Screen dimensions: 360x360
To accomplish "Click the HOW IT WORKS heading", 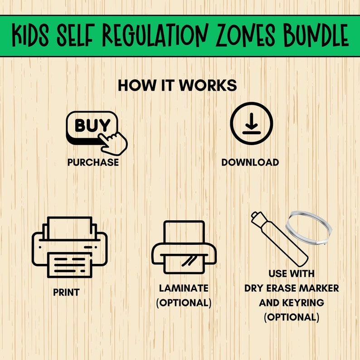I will pos(177,86).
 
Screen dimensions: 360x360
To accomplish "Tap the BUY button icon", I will pos(92,125).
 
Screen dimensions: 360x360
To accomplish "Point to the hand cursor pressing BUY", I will pos(114,141).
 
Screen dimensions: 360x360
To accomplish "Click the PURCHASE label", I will pos(93,162).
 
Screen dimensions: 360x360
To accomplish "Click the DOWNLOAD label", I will pos(250,162).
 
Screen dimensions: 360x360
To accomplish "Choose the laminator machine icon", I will pos(183,248).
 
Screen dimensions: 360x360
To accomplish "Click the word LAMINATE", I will pos(184,288).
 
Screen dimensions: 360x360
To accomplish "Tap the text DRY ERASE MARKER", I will pos(292,288).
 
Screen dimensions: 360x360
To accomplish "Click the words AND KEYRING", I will pos(292,303).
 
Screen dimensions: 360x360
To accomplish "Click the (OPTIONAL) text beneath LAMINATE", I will pos(184,303).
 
